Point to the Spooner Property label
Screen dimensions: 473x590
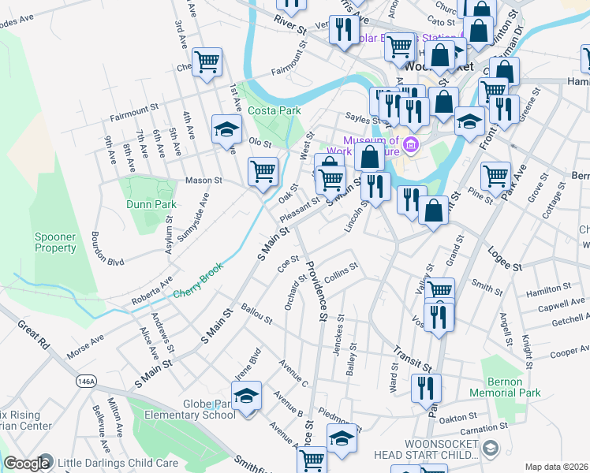coord(55,242)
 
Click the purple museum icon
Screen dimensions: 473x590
coord(410,145)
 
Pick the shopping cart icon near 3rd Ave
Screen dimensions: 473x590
coord(207,61)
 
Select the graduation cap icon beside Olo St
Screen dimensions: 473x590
coord(226,128)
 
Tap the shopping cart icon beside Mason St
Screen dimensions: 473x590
coord(263,169)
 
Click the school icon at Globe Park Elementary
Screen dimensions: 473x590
coord(247,397)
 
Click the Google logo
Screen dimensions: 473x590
coord(27,464)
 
